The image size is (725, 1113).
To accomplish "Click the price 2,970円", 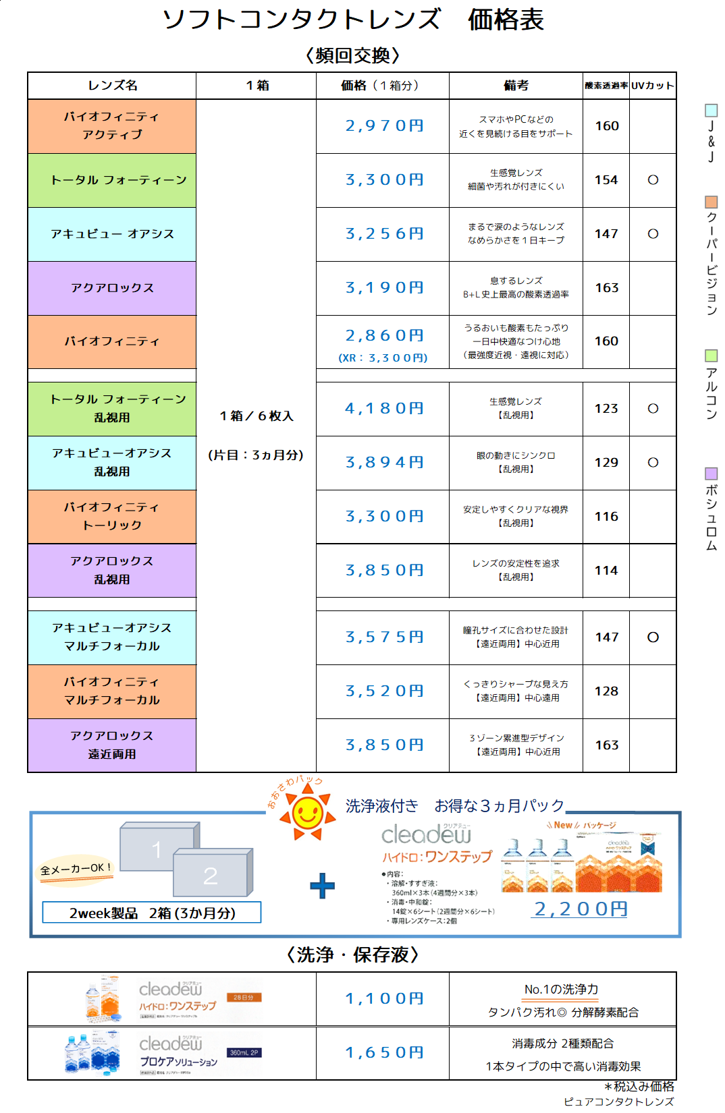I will click(384, 126).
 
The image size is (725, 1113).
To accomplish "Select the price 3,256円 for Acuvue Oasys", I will click(384, 234).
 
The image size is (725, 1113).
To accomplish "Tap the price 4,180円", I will click(384, 409).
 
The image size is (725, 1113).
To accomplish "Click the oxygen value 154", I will click(606, 180).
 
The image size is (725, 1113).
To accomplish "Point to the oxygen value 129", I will click(606, 463).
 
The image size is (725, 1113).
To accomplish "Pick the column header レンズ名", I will click(113, 86).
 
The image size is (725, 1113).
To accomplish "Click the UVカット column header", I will click(652, 86).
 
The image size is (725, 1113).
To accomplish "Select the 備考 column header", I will click(516, 86).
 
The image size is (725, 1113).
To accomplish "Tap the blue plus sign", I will click(322, 886).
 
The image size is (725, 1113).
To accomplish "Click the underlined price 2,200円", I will click(581, 909).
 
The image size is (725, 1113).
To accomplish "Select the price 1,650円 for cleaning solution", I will click(384, 1053).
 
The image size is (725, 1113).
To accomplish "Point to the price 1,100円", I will click(384, 999).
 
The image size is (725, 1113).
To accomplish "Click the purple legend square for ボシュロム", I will click(711, 474).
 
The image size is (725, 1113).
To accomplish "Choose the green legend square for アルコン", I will click(711, 355).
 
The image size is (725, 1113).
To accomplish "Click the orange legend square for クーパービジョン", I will click(711, 202).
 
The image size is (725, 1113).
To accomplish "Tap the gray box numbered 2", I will click(211, 874).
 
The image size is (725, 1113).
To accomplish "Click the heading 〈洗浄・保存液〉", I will click(352, 955).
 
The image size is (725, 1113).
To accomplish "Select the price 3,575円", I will click(384, 637).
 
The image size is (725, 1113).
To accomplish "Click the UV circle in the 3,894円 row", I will click(653, 463).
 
